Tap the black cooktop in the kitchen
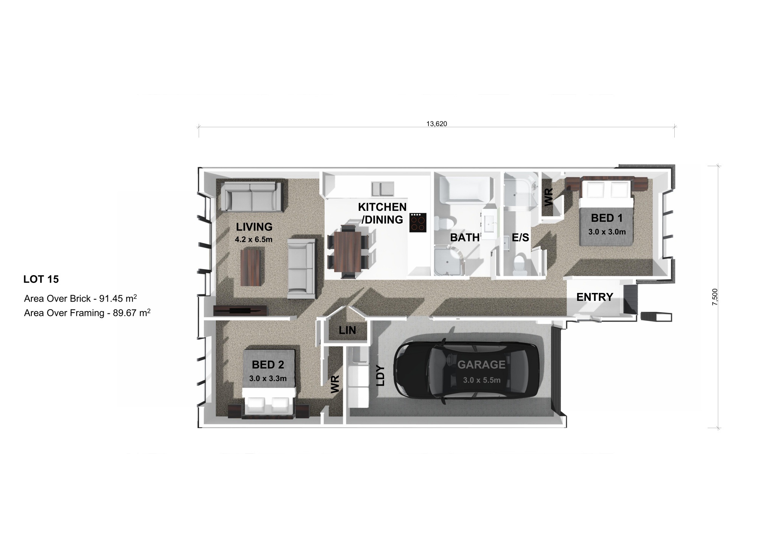pyautogui.click(x=418, y=223)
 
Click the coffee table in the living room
pyautogui.click(x=251, y=266)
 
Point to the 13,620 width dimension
pyautogui.click(x=436, y=124)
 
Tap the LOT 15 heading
pyautogui.click(x=41, y=279)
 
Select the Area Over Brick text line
pyautogui.click(x=80, y=298)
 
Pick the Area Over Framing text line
pyautogui.click(x=87, y=313)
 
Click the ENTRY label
pyautogui.click(x=594, y=297)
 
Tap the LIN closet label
pyautogui.click(x=347, y=330)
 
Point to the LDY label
pyautogui.click(x=380, y=375)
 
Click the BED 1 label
pyautogui.click(x=607, y=218)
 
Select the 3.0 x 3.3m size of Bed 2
pyautogui.click(x=268, y=378)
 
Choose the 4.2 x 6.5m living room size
pyautogui.click(x=254, y=240)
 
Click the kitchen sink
pyautogui.click(x=383, y=188)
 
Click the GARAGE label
pyautogui.click(x=481, y=365)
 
